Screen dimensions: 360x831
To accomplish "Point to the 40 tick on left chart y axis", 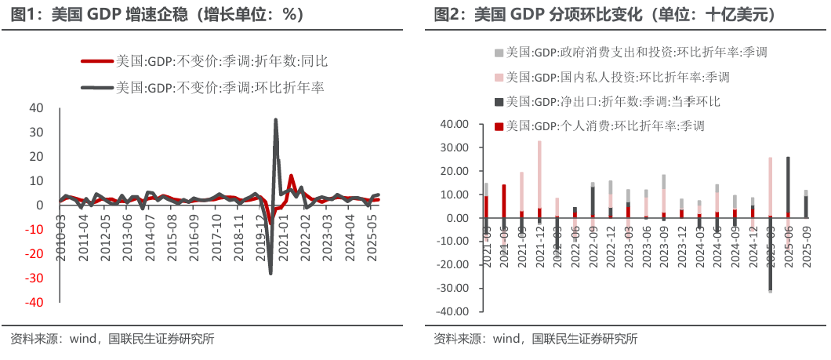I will click(x=36, y=108).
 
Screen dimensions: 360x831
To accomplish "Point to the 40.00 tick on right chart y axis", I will click(x=455, y=124).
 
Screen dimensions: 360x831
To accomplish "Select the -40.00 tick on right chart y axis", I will click(x=452, y=311).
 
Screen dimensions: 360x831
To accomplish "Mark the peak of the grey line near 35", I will click(x=275, y=120).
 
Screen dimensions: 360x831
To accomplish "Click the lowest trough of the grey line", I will click(x=270, y=273).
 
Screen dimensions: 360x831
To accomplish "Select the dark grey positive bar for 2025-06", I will click(x=788, y=185).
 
